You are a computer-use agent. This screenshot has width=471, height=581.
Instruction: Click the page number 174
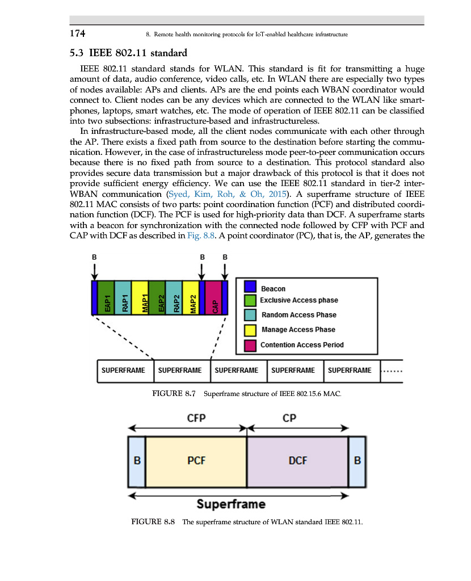[78, 33]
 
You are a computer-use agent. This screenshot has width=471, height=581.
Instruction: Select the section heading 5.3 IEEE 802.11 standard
[128, 54]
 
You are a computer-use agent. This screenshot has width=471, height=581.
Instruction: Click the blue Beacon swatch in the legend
[250, 287]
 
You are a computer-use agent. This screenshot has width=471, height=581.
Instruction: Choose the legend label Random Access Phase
[298, 315]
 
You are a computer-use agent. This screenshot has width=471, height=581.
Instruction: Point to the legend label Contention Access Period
[302, 344]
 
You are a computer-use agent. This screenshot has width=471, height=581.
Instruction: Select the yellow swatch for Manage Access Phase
[250, 330]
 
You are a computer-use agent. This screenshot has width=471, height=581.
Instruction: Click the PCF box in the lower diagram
[196, 461]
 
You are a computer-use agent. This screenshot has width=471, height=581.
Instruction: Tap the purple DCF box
[297, 461]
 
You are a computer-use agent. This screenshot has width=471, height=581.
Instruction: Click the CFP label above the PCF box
[196, 418]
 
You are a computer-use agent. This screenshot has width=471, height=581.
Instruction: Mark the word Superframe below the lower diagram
[231, 504]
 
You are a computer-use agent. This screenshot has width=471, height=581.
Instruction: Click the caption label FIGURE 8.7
[174, 393]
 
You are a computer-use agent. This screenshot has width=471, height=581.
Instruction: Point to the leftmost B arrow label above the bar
[94, 258]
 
